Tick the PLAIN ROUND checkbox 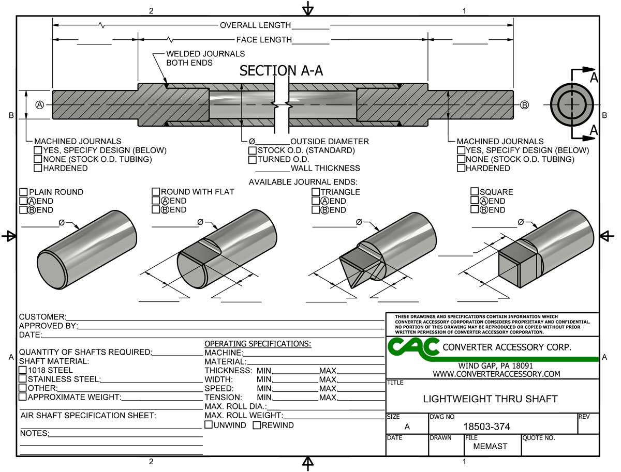pyautogui.click(x=23, y=192)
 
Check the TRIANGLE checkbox pyautogui.click(x=315, y=192)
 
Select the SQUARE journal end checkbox pyautogui.click(x=475, y=192)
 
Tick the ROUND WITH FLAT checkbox pyautogui.click(x=156, y=192)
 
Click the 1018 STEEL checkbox pyautogui.click(x=23, y=370)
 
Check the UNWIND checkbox pyautogui.click(x=209, y=425)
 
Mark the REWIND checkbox pyautogui.click(x=257, y=425)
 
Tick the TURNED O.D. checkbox pyautogui.click(x=253, y=159)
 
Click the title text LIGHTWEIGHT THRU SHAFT pyautogui.click(x=490, y=399)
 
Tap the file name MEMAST pyautogui.click(x=490, y=446)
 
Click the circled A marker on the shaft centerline pyautogui.click(x=39, y=104)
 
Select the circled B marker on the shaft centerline pyautogui.click(x=524, y=104)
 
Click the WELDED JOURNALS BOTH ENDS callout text pyautogui.click(x=205, y=58)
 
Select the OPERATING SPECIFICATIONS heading pyautogui.click(x=258, y=344)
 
